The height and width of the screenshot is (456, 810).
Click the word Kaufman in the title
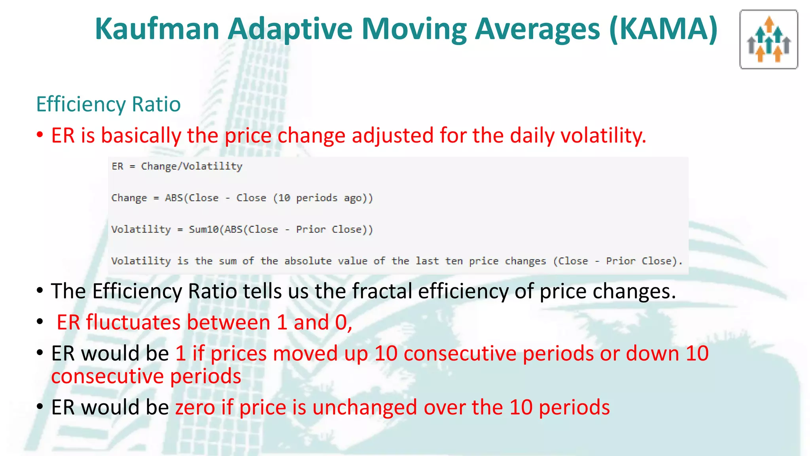[157, 29]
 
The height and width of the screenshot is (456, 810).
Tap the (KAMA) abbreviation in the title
[663, 29]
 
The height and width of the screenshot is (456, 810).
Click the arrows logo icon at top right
[768, 40]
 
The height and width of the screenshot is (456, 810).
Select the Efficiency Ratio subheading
[108, 104]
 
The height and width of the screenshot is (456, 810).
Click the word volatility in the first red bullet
[603, 136]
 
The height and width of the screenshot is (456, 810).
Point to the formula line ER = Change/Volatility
[177, 166]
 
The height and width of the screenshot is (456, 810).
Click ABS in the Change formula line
[174, 198]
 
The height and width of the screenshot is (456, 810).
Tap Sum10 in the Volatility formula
[203, 229]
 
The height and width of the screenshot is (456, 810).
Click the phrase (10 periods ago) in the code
[323, 198]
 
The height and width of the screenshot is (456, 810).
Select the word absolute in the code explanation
[308, 261]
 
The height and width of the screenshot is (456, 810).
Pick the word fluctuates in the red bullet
[133, 322]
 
